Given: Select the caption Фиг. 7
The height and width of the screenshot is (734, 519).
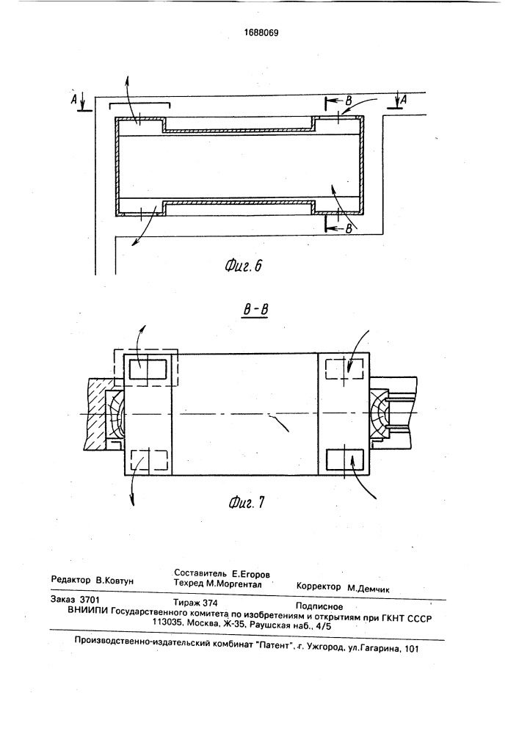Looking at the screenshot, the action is coord(247,504).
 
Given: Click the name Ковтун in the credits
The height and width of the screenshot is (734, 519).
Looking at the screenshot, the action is coord(115,581).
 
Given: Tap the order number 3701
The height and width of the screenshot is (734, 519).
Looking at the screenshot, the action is coord(90,599).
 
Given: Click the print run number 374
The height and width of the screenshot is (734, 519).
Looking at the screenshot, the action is coord(208,603).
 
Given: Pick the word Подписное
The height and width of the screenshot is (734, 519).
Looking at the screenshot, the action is coord(319,607).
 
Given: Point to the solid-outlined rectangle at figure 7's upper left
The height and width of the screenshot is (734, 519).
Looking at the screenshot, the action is coord(148,370).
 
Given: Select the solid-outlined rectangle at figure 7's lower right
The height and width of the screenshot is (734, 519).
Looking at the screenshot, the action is coord(345,461).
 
